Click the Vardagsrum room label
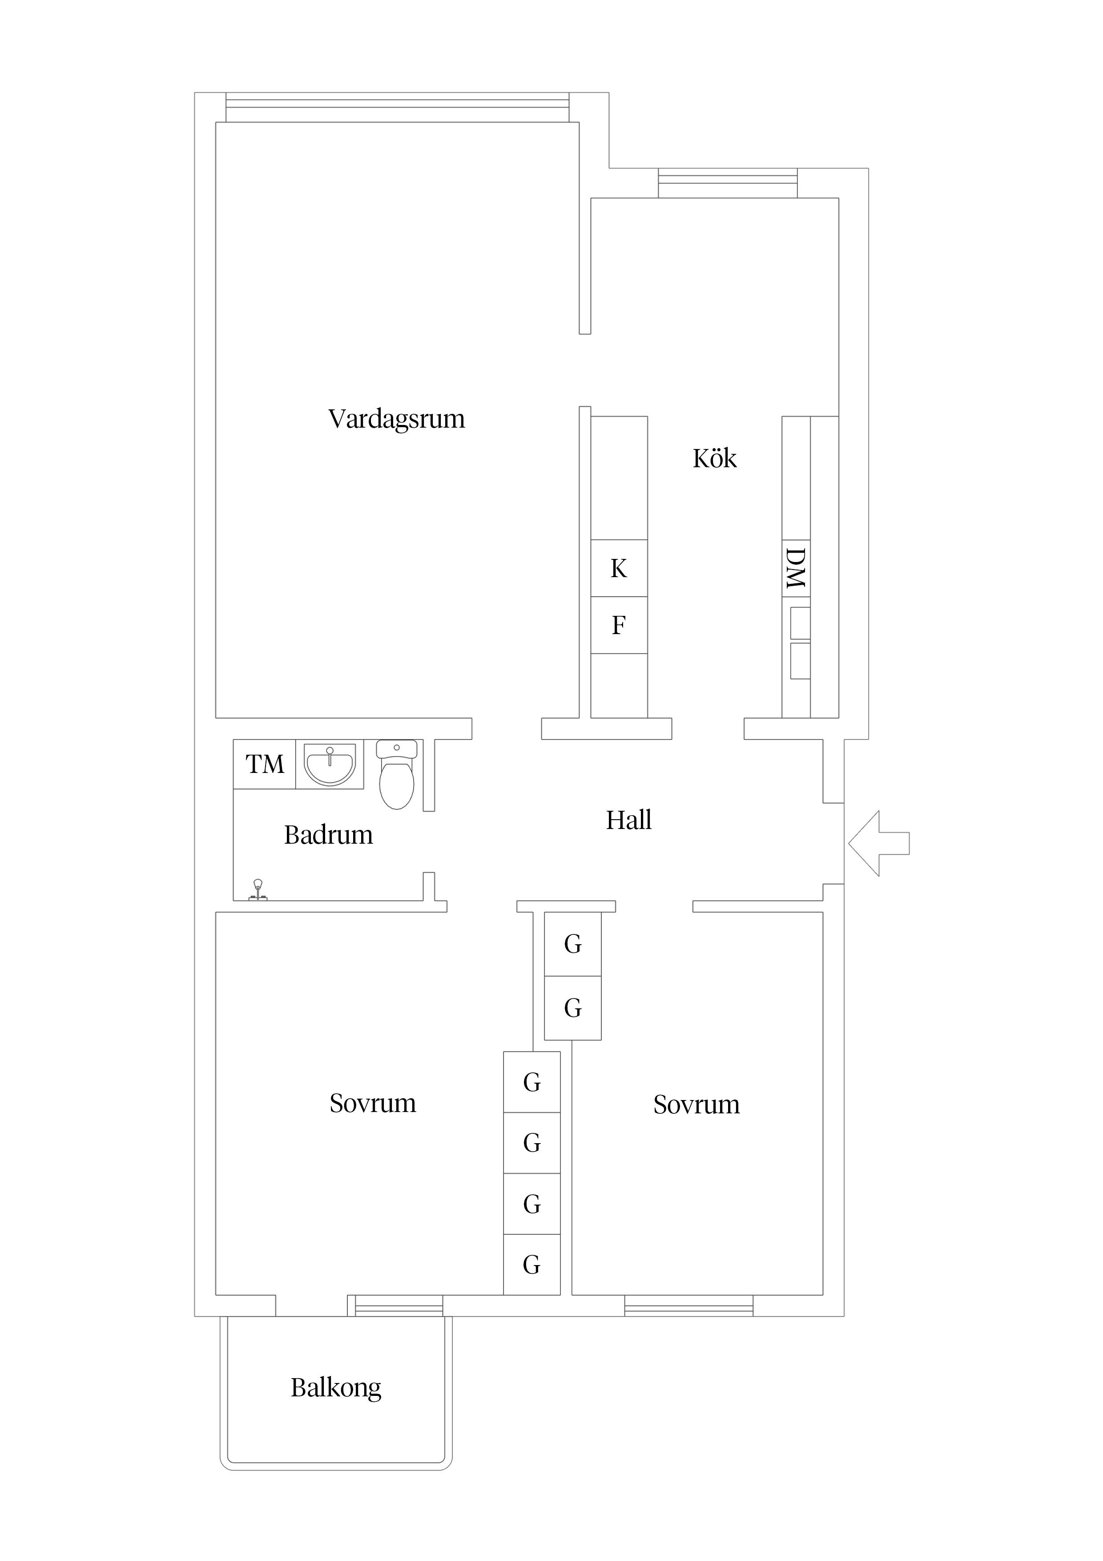click(396, 420)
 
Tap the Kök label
click(714, 458)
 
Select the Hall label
click(628, 820)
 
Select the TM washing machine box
click(264, 764)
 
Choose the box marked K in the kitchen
click(619, 568)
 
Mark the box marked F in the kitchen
click(619, 626)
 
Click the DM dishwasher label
click(795, 568)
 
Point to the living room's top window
click(398, 107)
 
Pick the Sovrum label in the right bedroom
click(696, 1105)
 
